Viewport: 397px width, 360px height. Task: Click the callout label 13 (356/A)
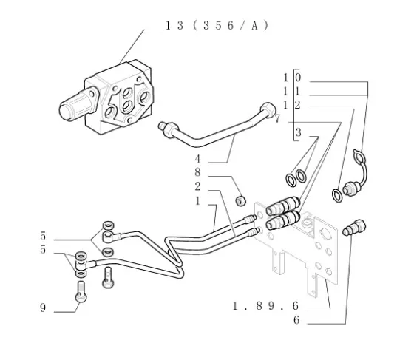tap(217, 26)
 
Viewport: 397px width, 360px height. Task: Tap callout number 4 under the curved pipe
tap(197, 159)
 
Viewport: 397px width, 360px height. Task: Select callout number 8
tap(197, 172)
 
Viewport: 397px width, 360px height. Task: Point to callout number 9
tap(43, 308)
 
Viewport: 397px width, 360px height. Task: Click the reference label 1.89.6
tap(265, 306)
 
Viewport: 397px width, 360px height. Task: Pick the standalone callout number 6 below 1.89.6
tap(296, 320)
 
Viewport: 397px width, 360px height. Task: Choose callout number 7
tap(277, 119)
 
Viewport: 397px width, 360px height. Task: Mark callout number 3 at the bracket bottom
tap(299, 132)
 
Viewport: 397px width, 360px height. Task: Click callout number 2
tap(197, 186)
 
